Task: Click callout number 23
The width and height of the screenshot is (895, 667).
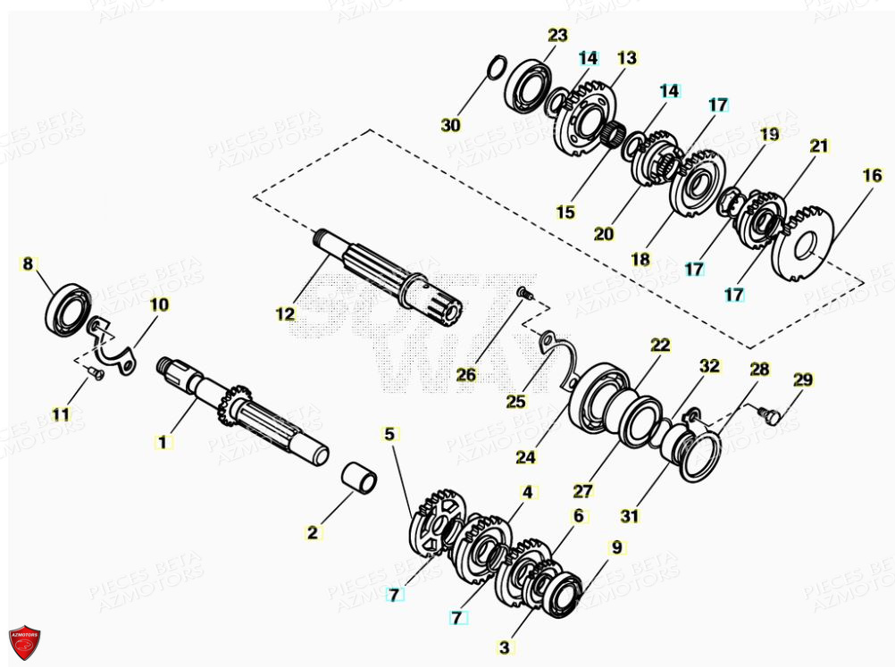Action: [557, 36]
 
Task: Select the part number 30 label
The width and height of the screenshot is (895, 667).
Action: [451, 126]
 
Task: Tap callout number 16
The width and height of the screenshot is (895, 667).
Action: [872, 177]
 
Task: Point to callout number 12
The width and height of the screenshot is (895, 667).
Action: [285, 313]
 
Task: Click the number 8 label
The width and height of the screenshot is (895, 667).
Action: [28, 263]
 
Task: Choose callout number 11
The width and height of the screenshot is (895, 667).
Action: [60, 414]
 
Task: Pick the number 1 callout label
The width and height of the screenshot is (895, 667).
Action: [162, 441]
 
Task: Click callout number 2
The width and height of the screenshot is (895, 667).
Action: [312, 533]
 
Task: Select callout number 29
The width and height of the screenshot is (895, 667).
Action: [803, 379]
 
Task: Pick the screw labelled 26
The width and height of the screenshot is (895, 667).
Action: [524, 292]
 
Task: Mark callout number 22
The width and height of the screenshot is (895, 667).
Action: [659, 346]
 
